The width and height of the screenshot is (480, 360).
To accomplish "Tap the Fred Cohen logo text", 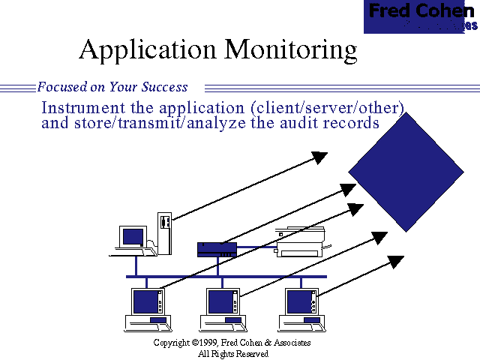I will click(x=421, y=12).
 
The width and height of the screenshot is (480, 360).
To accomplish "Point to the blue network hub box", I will click(x=217, y=250).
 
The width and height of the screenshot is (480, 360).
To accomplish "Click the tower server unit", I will click(x=165, y=232).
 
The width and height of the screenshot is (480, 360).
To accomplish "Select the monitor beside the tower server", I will click(x=133, y=237).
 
